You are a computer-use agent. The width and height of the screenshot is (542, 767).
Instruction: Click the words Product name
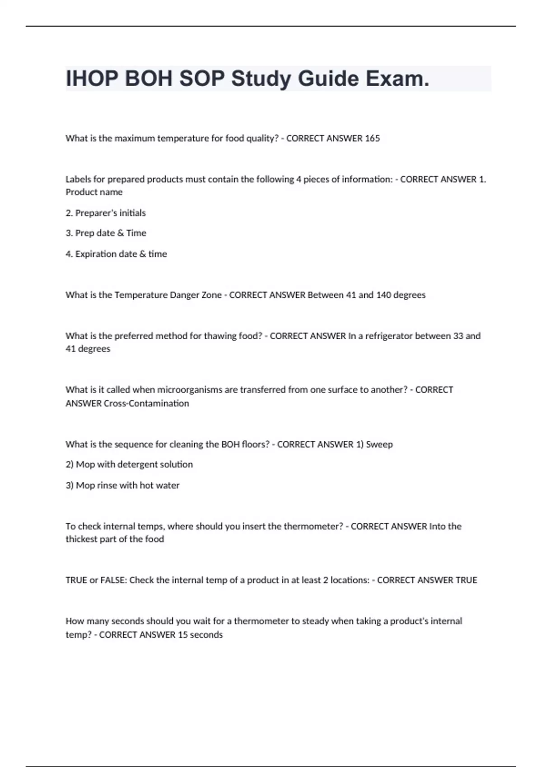click(x=94, y=192)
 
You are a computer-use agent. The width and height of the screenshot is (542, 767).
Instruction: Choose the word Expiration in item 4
click(x=94, y=254)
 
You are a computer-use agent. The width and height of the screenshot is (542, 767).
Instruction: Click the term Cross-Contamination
click(x=146, y=403)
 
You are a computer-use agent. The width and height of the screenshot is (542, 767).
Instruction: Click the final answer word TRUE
click(x=466, y=580)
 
